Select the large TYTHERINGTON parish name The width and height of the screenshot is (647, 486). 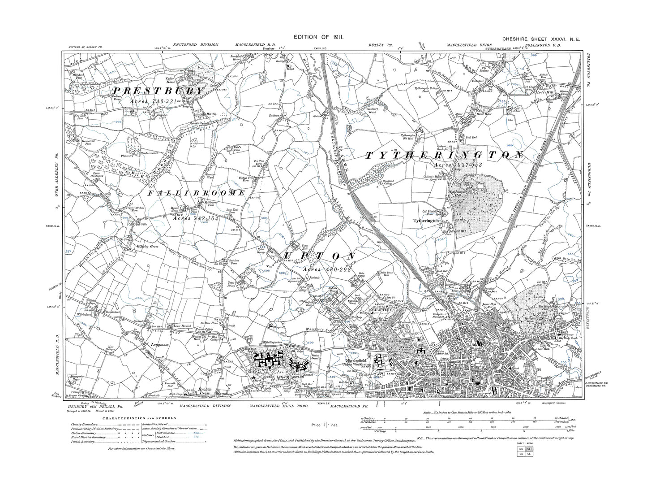(444, 156)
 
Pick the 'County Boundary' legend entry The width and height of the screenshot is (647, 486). (83, 425)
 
